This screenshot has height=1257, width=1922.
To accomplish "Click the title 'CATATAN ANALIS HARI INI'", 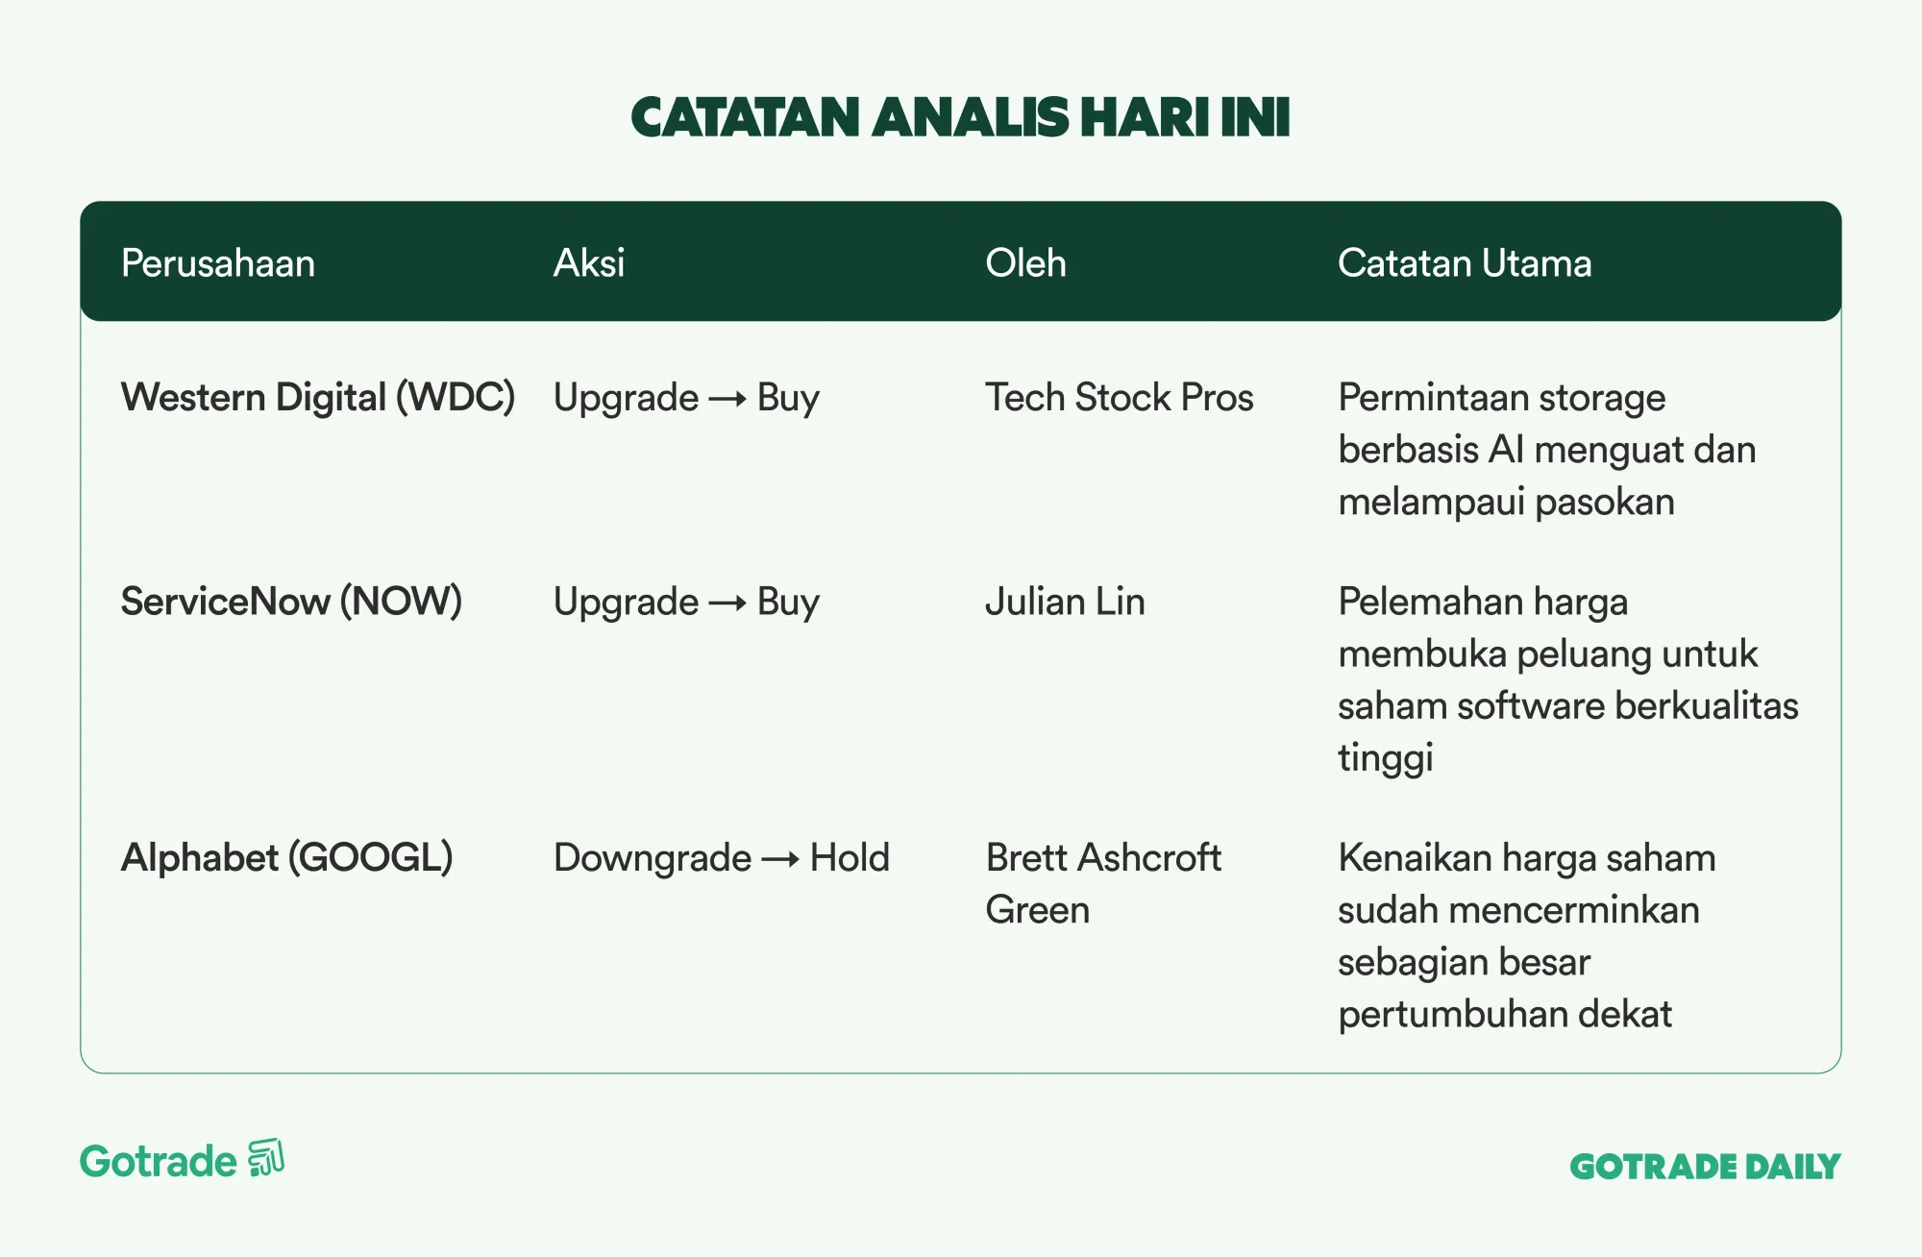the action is point(960,117).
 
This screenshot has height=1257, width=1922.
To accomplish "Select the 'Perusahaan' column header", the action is point(218,263).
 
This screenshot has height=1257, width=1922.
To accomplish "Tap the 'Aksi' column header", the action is point(589,263).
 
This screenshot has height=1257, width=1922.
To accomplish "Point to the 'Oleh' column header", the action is point(1025,263).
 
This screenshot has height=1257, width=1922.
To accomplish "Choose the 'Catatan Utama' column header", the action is point(1465,263).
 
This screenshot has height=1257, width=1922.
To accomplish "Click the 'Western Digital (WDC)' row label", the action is point(318,398).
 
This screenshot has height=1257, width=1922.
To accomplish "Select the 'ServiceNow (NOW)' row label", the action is point(291,602).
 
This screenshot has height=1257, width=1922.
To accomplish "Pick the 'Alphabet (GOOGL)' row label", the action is point(286,858).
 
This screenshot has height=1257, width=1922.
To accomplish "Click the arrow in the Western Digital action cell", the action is point(727,399).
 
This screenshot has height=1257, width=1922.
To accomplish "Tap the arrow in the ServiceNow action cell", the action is point(727,604).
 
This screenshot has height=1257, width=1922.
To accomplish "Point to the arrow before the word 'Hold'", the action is point(780,859).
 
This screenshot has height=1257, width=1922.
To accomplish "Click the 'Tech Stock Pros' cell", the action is point(1120,398).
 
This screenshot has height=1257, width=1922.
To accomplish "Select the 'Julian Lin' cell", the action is point(1065,602).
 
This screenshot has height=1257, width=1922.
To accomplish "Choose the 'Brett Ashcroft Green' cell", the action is point(1103,884).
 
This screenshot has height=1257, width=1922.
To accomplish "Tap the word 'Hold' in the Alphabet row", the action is point(850,858).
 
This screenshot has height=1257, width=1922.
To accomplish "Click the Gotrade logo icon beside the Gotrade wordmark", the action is point(266,1158).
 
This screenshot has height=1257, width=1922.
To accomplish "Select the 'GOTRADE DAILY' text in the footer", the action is point(1705,1167).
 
